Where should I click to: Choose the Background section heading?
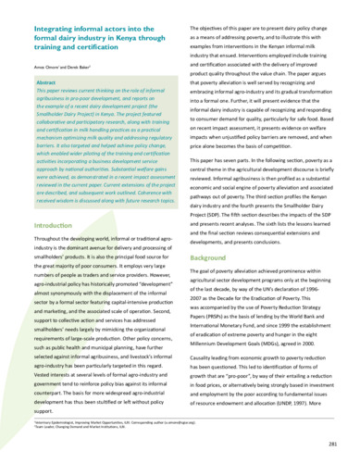tap(214, 256)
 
